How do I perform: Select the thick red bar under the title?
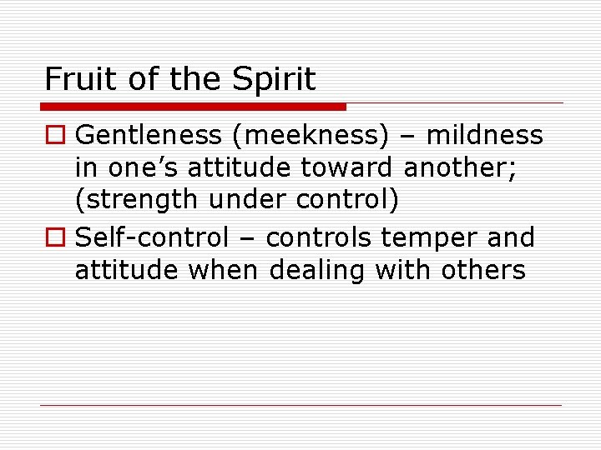tap(193, 107)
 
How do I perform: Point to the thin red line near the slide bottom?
tap(300, 406)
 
